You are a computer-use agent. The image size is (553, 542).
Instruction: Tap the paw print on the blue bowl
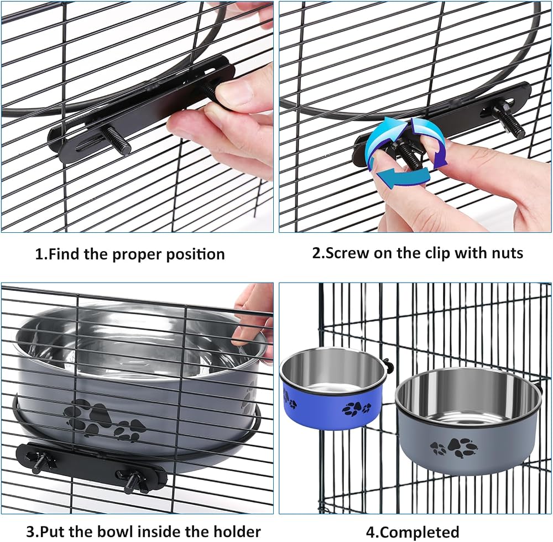356,408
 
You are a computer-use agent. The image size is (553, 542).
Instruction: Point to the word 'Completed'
420,532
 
